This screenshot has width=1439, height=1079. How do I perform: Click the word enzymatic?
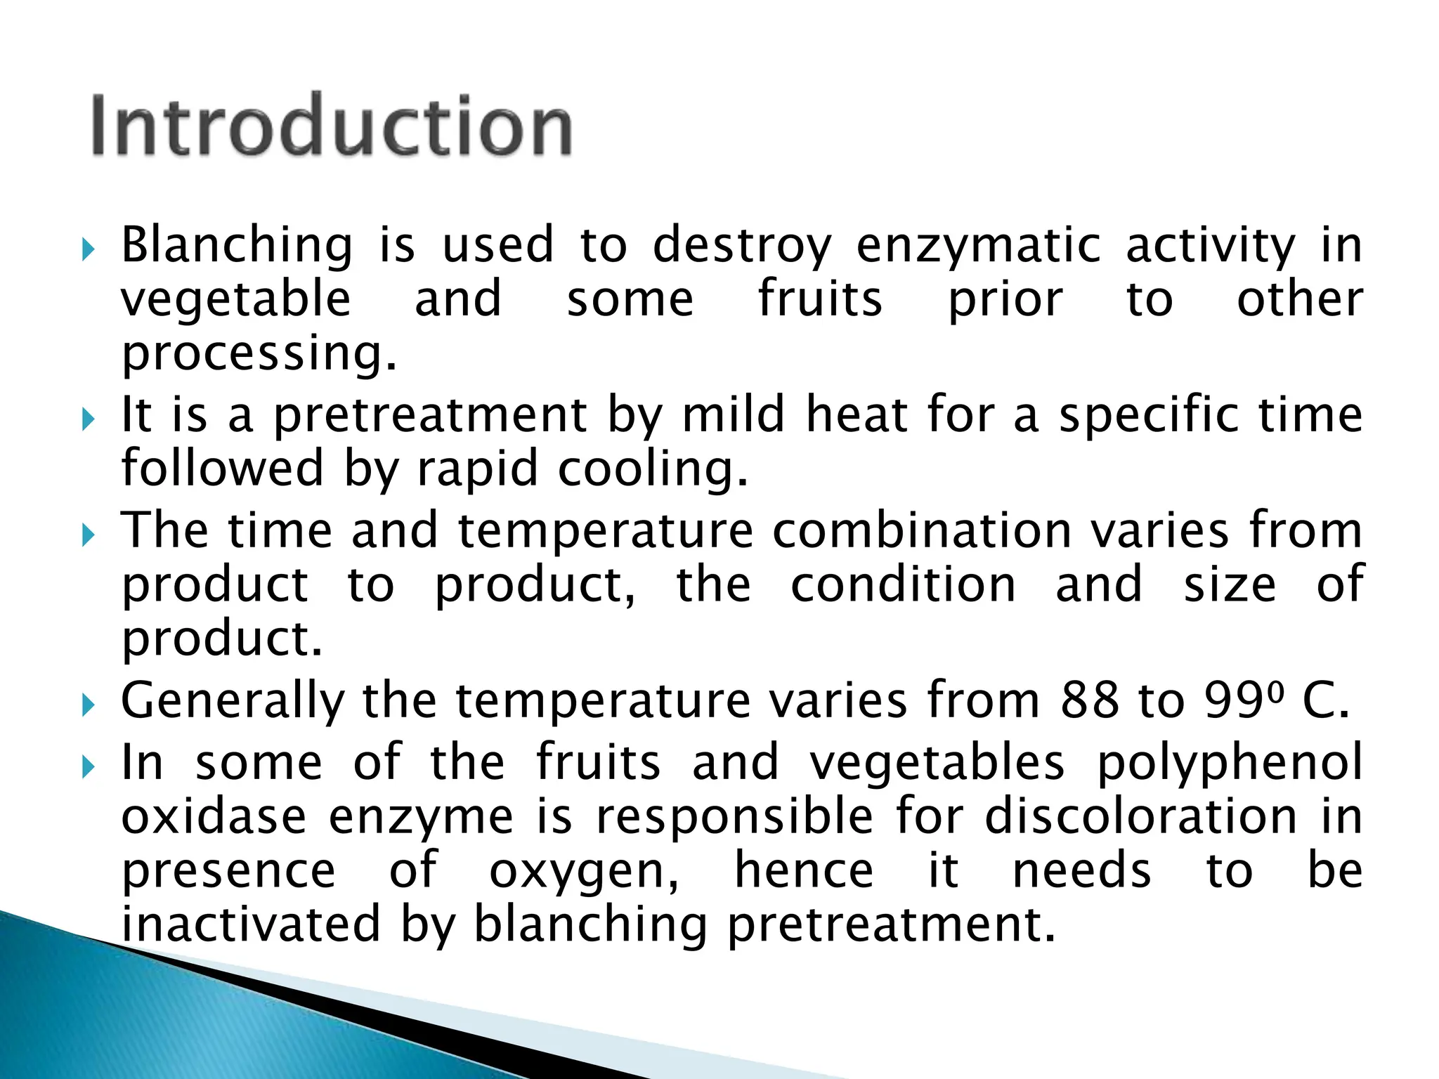(979, 246)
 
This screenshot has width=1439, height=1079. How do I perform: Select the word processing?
(259, 353)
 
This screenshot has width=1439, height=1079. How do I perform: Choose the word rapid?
(478, 469)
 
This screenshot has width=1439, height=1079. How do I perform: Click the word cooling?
(652, 469)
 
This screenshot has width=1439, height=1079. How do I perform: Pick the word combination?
(921, 530)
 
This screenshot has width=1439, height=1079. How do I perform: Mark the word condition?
(903, 584)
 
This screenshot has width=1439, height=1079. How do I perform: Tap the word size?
(1230, 584)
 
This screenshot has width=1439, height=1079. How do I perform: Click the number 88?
(1090, 700)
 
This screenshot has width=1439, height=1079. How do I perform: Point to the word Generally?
(233, 700)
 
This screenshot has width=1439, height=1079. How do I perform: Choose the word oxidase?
(214, 817)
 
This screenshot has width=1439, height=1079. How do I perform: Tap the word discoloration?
(1140, 817)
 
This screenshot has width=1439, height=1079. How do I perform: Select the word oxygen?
(584, 872)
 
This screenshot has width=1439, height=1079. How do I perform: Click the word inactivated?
(251, 924)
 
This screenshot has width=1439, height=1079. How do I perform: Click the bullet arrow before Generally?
(87, 704)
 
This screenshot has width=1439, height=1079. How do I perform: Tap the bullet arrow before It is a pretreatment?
(87, 419)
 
